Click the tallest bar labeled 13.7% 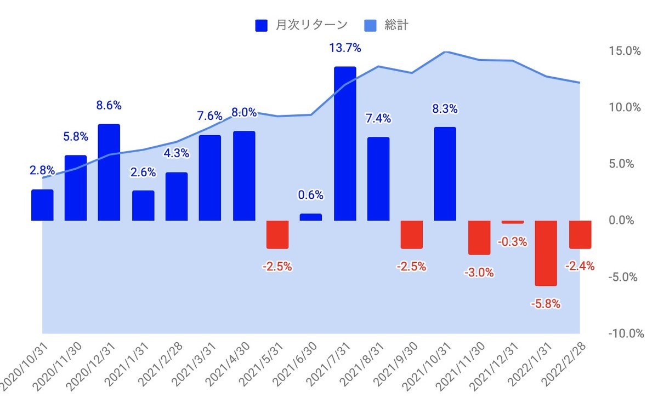pyautogui.click(x=345, y=143)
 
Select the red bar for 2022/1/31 pyautogui.click(x=546, y=253)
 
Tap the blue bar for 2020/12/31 pyautogui.click(x=109, y=172)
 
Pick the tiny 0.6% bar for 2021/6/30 pyautogui.click(x=311, y=217)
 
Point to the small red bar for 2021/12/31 pyautogui.click(x=513, y=222)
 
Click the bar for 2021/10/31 pyautogui.click(x=445, y=174)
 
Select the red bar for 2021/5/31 pyautogui.click(x=277, y=234)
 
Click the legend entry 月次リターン pyautogui.click(x=301, y=25)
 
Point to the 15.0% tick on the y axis pyautogui.click(x=624, y=51)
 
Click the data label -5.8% pyautogui.click(x=546, y=304)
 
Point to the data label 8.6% pyautogui.click(x=109, y=105)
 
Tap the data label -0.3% pyautogui.click(x=513, y=241)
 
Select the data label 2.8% pyautogui.click(x=42, y=171)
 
